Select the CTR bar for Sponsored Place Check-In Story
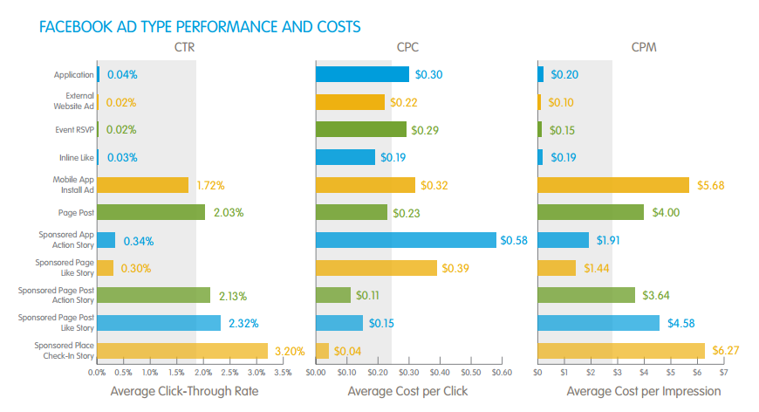[x=182, y=351]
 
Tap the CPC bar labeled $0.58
[x=406, y=240]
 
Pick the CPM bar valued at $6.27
[x=620, y=351]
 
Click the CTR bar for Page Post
[x=151, y=212]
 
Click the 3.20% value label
[x=290, y=352]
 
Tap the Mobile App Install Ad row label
[x=74, y=185]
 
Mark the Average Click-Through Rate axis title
[x=184, y=391]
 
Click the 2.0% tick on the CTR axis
[x=202, y=372]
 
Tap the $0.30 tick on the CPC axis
[x=408, y=372]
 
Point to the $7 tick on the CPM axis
[x=722, y=372]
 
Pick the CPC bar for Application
[x=362, y=74]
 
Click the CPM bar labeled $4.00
[x=591, y=212]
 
